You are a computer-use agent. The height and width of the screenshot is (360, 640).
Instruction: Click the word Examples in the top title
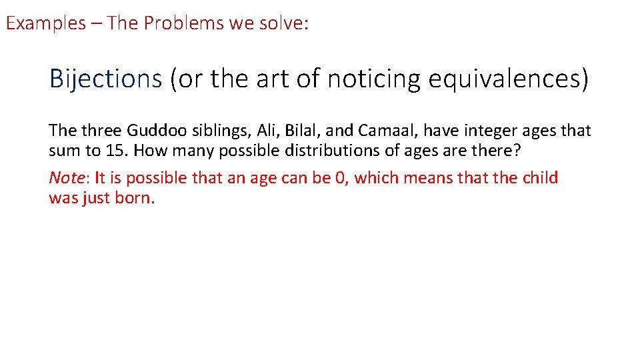[46, 23]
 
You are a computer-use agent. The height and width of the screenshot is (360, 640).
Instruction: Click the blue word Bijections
[105, 79]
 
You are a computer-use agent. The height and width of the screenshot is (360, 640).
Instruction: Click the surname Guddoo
[155, 131]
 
